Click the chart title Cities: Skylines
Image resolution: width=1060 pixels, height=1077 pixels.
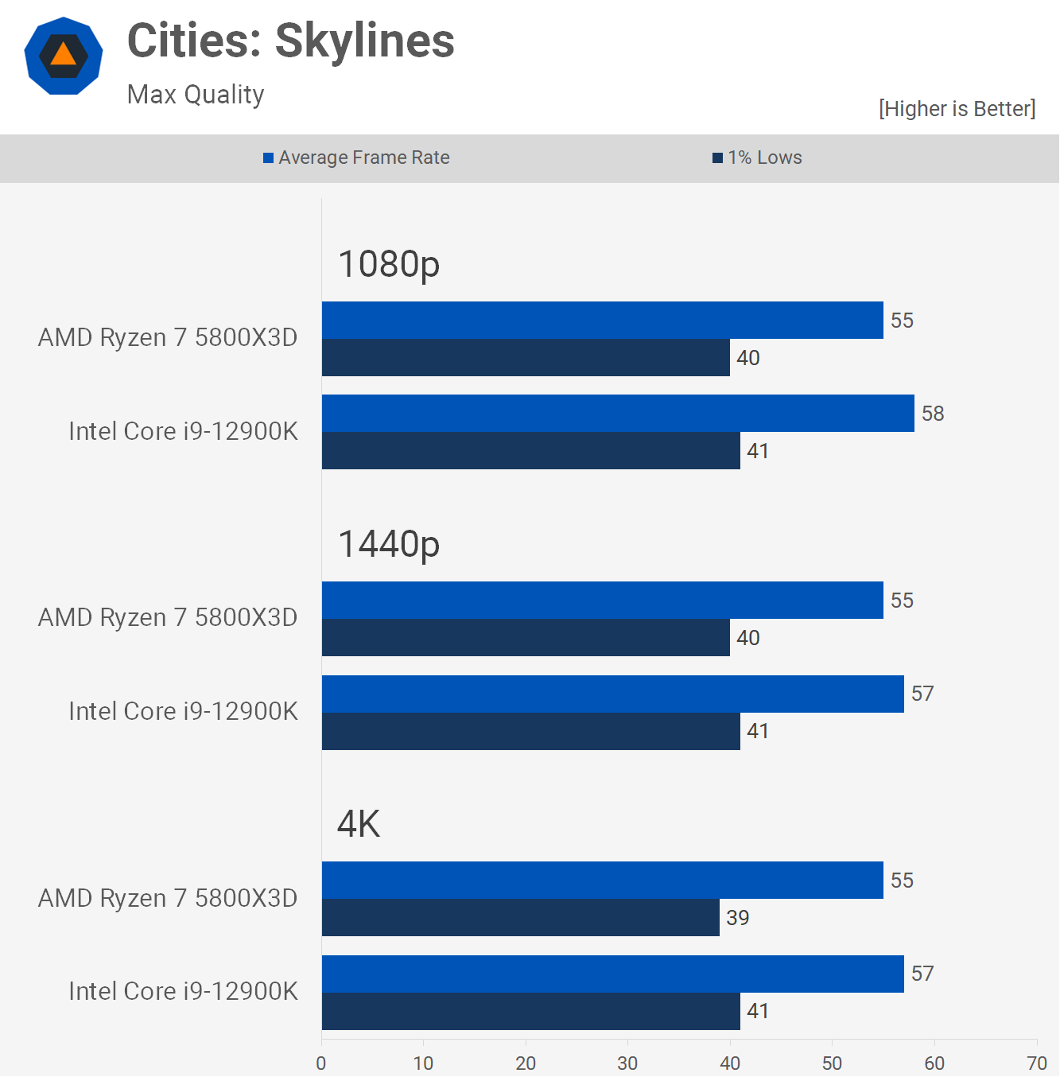click(x=290, y=41)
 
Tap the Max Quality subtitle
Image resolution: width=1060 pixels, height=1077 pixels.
click(x=196, y=95)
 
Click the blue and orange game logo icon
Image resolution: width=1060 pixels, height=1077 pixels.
click(x=64, y=56)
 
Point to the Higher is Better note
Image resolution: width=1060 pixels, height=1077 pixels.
click(x=957, y=109)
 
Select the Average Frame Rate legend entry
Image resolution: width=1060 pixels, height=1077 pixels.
click(x=356, y=157)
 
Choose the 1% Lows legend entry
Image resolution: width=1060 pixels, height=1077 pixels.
click(x=757, y=157)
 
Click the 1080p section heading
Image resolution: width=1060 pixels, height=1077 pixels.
click(x=389, y=264)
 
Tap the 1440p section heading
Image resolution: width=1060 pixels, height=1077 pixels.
click(x=389, y=544)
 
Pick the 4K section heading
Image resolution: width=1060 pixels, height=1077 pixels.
click(x=359, y=824)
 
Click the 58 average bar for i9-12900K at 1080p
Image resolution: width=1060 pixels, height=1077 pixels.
click(x=618, y=414)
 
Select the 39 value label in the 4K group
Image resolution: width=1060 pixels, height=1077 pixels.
click(x=738, y=918)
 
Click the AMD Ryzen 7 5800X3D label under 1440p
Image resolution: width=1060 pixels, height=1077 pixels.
click(x=168, y=617)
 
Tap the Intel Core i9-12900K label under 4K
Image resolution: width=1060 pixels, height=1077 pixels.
click(x=183, y=991)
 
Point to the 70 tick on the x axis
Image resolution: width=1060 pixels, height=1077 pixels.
click(x=1037, y=1063)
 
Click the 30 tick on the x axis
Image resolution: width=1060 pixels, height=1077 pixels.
click(x=627, y=1063)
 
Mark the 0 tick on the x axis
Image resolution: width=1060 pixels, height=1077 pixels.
click(x=321, y=1063)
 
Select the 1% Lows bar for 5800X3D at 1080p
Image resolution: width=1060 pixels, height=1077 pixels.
click(x=526, y=358)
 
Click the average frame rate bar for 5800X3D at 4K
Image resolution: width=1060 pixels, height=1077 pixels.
click(x=602, y=881)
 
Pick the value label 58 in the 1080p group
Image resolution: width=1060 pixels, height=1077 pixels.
click(x=933, y=414)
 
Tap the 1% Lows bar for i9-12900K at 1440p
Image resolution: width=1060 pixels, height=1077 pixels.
click(x=530, y=731)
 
